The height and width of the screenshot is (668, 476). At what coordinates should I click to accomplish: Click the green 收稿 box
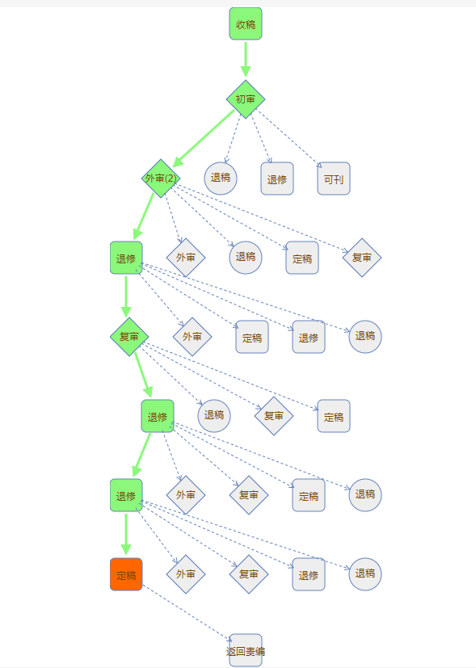[246, 24]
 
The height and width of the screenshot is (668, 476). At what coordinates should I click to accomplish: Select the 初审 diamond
[246, 99]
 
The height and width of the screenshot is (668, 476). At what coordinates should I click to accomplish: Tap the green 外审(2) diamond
[161, 178]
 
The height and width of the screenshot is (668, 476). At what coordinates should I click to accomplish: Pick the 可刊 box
[334, 179]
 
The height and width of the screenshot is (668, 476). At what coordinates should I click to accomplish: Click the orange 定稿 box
[126, 574]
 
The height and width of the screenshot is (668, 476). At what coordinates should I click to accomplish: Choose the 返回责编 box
[246, 650]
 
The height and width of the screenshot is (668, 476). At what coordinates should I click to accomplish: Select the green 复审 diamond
[129, 337]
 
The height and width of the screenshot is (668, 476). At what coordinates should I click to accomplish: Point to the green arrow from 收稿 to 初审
[246, 59]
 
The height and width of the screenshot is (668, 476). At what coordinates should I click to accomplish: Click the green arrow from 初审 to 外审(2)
[204, 138]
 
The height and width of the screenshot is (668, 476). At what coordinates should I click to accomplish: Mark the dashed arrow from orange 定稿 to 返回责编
[187, 613]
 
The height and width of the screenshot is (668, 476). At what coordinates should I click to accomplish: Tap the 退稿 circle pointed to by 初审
[221, 179]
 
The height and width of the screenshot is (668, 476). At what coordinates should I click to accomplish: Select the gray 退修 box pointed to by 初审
[277, 179]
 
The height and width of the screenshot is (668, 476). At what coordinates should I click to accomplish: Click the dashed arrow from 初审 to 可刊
[290, 138]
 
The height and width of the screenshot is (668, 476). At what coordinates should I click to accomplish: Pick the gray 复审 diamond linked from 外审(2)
[362, 258]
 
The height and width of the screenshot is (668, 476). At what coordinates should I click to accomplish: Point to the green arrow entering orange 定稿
[126, 534]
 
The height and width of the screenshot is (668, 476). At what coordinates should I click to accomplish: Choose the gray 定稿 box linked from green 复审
[334, 416]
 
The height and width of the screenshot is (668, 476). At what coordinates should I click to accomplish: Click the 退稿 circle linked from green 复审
[214, 416]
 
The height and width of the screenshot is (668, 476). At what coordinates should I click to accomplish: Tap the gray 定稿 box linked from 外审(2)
[302, 258]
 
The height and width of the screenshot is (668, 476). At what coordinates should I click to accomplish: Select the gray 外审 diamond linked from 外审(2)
[186, 258]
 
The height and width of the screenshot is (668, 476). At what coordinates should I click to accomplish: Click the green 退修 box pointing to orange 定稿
[126, 495]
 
